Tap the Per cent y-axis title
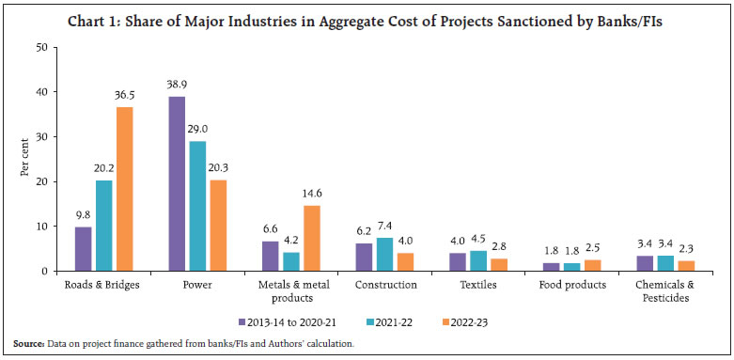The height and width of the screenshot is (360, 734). pyautogui.click(x=24, y=159)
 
